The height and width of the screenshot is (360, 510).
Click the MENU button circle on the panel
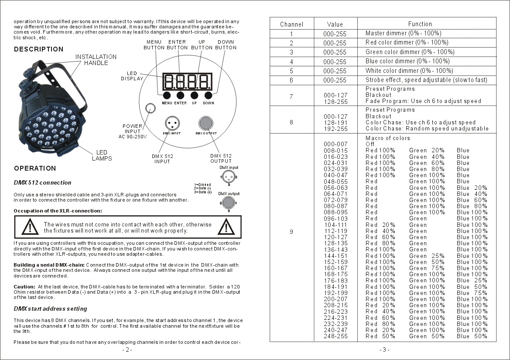(x=167, y=95)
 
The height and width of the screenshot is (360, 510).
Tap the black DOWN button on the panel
(x=208, y=95)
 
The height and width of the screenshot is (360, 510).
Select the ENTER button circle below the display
(x=180, y=95)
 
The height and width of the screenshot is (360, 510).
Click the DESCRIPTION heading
(x=38, y=49)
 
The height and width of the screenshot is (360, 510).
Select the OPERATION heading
(x=35, y=168)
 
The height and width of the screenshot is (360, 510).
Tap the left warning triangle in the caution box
(x=30, y=227)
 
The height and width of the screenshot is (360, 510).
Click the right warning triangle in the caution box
(x=226, y=227)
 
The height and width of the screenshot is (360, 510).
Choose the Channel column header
(x=291, y=24)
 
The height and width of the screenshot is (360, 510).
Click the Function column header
(x=420, y=24)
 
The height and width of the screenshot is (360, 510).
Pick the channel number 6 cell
(x=291, y=80)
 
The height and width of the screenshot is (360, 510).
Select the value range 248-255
(x=335, y=336)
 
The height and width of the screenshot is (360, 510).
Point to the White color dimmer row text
(x=409, y=71)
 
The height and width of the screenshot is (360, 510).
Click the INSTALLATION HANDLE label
(x=96, y=60)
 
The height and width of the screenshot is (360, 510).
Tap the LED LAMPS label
(x=102, y=155)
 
